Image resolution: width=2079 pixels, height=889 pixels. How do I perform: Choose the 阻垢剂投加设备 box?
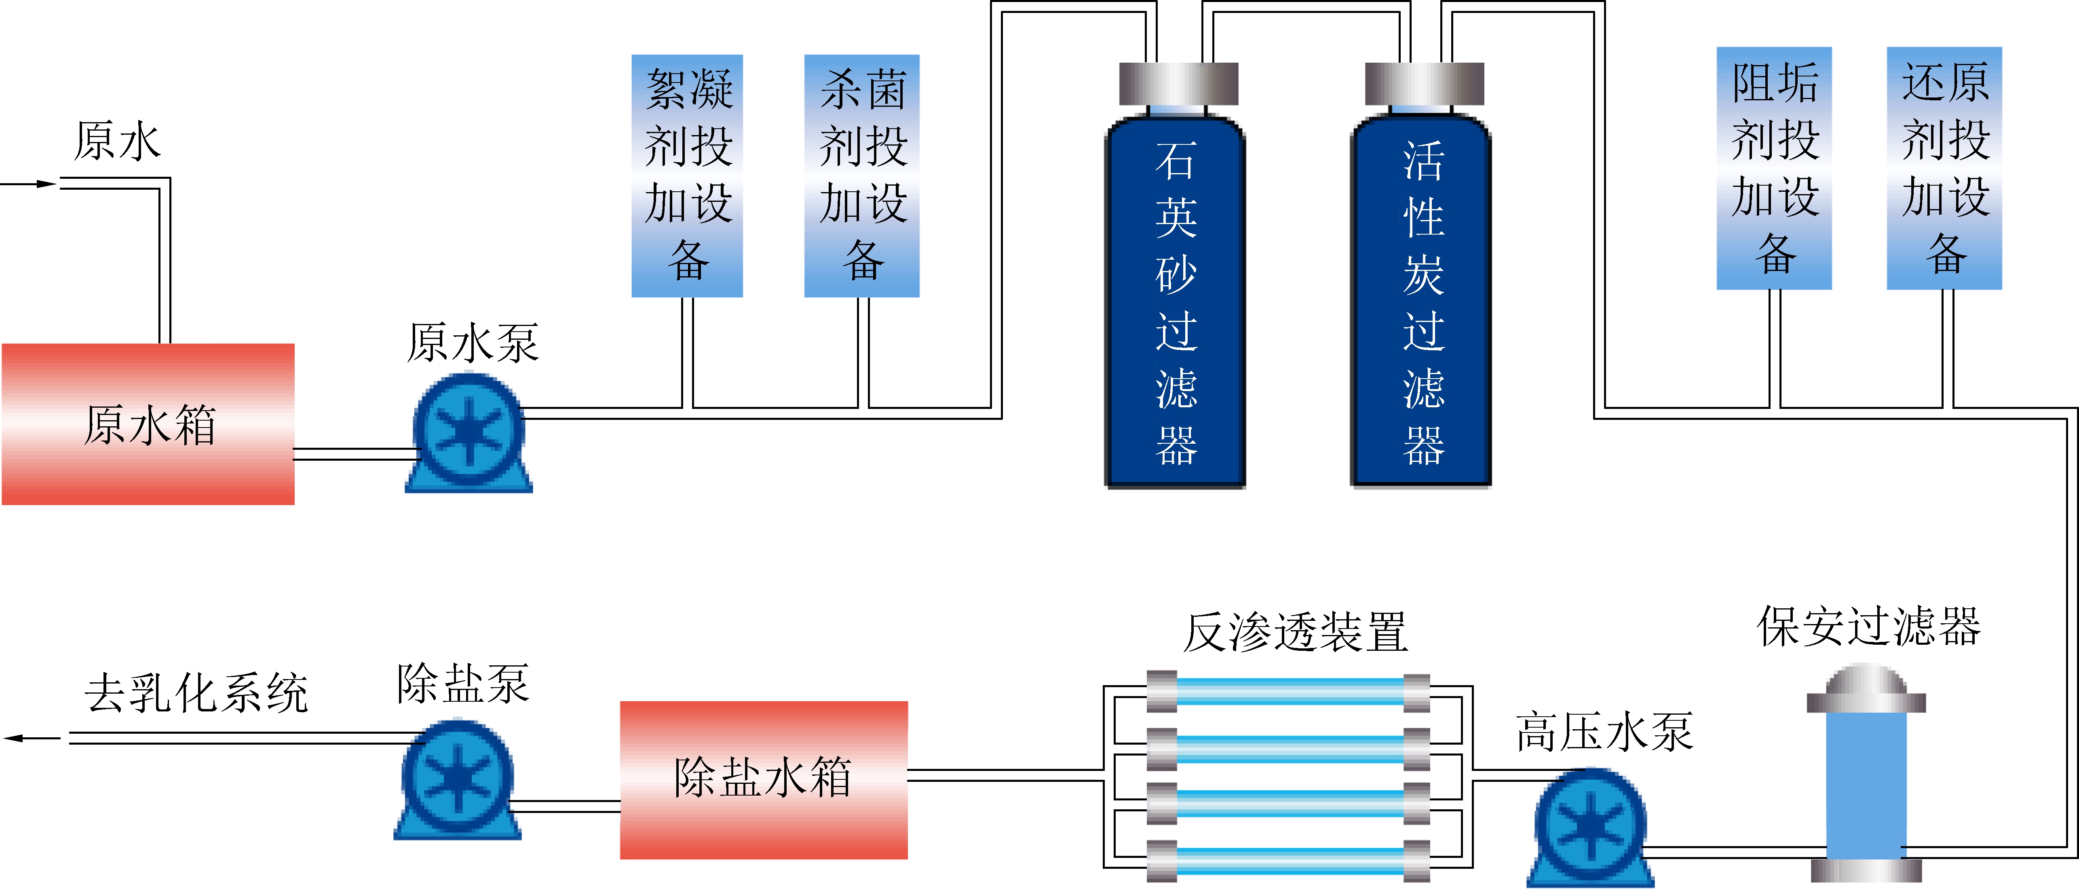point(1774,168)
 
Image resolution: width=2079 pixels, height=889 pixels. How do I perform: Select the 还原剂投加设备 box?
point(1944,168)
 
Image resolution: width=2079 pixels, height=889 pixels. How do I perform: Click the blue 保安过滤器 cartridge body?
point(1866,783)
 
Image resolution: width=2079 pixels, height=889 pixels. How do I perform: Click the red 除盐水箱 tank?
point(764,779)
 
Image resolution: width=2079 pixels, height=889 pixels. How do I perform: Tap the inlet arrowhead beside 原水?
point(47,184)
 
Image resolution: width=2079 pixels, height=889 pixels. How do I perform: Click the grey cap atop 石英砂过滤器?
point(1178,83)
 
